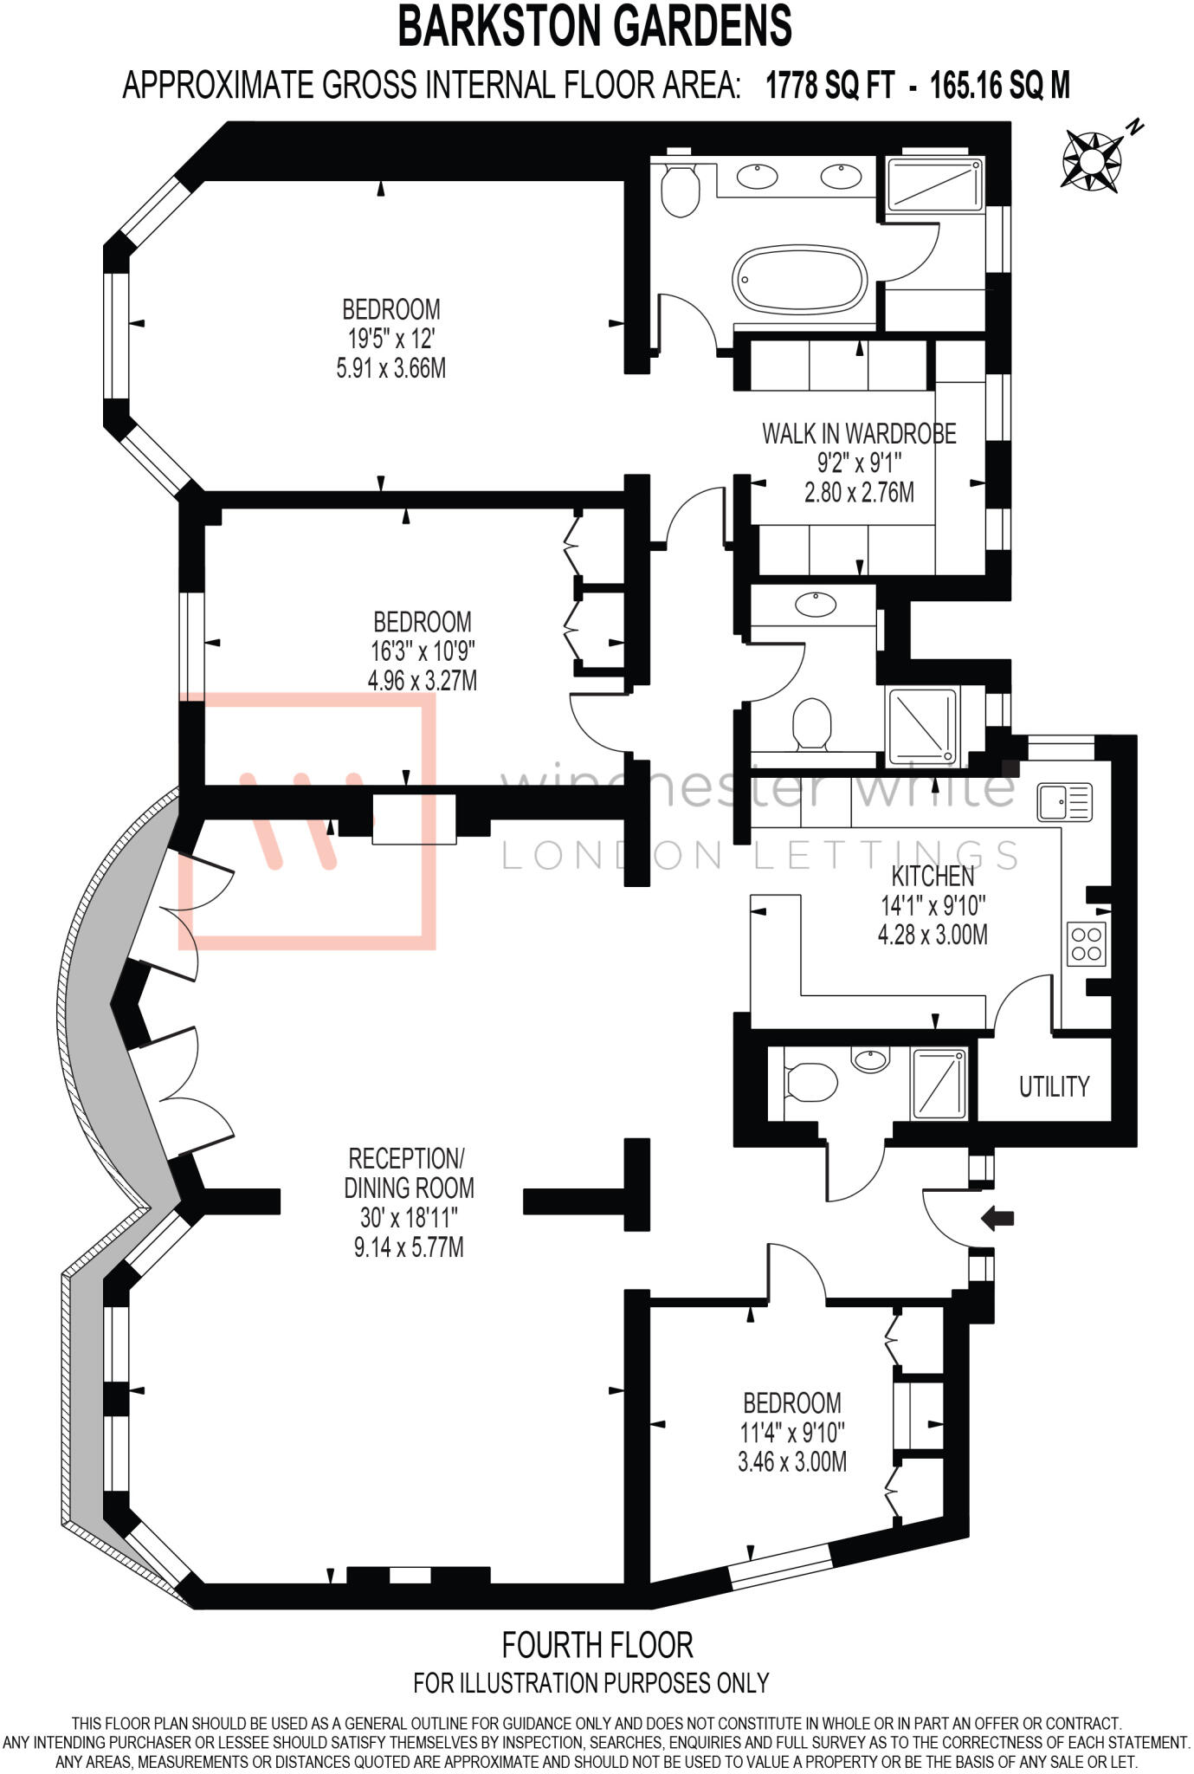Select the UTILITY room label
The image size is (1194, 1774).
coord(1053,1086)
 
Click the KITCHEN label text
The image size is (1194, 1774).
coord(933,876)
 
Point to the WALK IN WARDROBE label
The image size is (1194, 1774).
coord(859,434)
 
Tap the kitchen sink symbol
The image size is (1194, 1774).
coord(1065,801)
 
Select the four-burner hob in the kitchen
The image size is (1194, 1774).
coord(1087,944)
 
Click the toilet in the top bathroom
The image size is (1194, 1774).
coord(680,190)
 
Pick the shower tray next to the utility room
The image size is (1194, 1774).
coord(939,1083)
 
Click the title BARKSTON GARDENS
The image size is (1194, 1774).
coord(595,26)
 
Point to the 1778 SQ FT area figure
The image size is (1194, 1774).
coord(829,86)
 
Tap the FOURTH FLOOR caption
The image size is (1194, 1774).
coord(597,1644)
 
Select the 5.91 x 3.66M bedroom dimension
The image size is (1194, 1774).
coord(391,368)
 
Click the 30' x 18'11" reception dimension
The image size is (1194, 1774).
coord(409,1218)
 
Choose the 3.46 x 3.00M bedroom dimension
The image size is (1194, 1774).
coord(792,1462)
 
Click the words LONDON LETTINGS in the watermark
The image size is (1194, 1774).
coord(760,856)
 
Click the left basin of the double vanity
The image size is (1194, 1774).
coord(757,176)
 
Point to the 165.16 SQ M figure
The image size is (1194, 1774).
coord(1000,86)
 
